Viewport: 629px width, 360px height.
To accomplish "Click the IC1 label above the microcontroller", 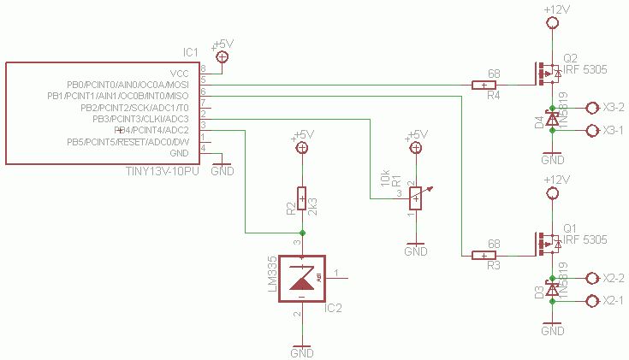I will pos(190,52).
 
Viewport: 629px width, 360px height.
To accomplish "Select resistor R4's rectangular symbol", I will pos(484,85).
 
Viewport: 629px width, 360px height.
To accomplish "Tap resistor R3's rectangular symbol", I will pos(484,255).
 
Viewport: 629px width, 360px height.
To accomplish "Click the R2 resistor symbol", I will pos(301,198).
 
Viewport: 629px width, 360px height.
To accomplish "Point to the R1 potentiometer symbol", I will pos(416,198).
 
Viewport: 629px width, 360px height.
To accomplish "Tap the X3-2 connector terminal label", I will pos(614,108).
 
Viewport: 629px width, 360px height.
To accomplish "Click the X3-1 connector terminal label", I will pos(614,130).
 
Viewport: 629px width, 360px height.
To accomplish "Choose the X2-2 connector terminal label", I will pos(614,279).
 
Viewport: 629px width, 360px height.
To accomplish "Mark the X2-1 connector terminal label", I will pos(614,300).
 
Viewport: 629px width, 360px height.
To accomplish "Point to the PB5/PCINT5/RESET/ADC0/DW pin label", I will pos(128,142).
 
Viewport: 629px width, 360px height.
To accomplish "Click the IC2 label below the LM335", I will pos(334,309).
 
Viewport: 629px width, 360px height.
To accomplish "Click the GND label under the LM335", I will pos(302,352).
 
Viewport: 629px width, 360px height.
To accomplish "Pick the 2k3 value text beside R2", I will pos(313,207).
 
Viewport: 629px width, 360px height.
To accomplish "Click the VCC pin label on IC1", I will pos(180,74).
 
